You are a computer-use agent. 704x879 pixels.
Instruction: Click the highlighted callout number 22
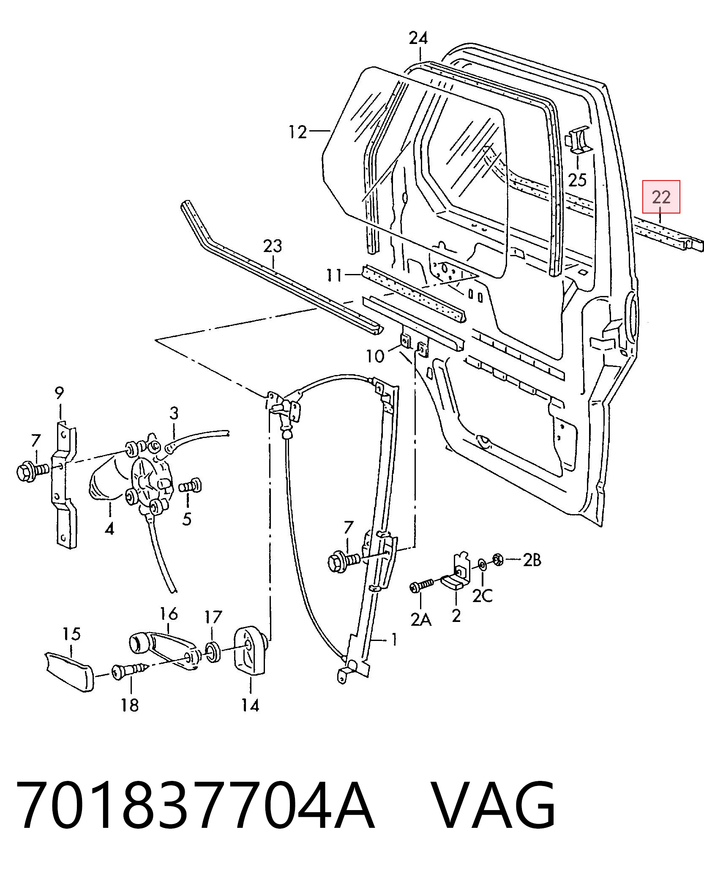661,197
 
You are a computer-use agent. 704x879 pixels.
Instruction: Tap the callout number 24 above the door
418,38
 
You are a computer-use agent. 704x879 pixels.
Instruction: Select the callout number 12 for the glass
298,132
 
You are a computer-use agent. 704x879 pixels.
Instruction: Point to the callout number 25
577,180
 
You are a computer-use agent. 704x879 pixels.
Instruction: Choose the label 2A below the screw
421,620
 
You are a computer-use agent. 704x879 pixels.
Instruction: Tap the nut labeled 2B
498,560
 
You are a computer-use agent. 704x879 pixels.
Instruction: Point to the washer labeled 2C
482,564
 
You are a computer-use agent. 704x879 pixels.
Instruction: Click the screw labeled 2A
422,585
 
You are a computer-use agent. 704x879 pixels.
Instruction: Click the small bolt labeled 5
191,486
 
